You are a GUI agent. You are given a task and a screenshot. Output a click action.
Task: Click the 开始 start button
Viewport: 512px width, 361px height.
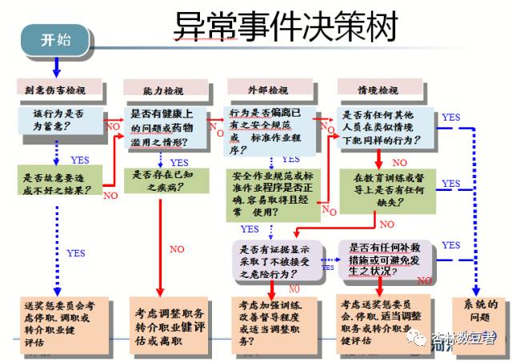(x=55, y=40)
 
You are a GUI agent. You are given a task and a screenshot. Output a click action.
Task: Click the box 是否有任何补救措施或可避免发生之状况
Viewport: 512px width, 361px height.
(x=390, y=259)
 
